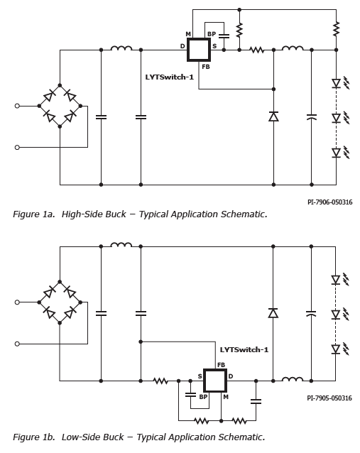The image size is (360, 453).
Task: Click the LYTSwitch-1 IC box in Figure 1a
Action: [199, 50]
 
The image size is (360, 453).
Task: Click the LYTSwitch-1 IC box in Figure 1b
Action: [215, 381]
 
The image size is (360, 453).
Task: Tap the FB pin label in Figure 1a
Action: [206, 67]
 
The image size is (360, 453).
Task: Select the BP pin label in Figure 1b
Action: [203, 397]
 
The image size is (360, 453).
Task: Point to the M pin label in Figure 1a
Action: [188, 34]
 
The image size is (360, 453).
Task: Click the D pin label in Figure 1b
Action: [231, 376]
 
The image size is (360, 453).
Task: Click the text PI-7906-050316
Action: [329, 202]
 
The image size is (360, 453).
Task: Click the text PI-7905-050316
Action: [329, 398]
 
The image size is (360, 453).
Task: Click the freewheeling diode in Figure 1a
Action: [273, 116]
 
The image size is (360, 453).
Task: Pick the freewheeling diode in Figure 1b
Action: [273, 313]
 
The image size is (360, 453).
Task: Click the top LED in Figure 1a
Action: [336, 84]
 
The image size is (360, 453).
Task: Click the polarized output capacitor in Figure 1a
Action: [312, 117]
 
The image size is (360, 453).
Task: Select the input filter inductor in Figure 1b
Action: [121, 245]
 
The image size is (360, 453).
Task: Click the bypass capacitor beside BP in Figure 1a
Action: [224, 36]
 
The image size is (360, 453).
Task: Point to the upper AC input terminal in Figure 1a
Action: [17, 106]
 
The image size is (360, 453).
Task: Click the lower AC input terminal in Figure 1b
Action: [17, 344]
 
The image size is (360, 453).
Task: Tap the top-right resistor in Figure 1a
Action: [336, 29]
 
